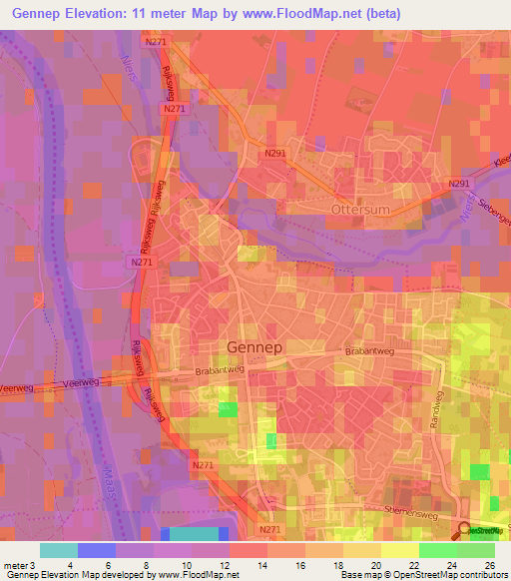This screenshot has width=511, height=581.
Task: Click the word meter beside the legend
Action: (14, 565)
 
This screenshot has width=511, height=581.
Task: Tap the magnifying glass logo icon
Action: (465, 533)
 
